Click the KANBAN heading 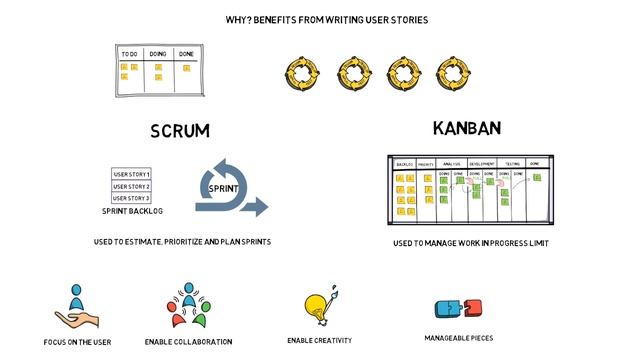coord(466,128)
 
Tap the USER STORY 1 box coord(131,175)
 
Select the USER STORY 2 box coord(131,187)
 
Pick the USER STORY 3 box coord(131,198)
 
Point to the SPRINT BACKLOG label coord(132,212)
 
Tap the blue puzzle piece coord(448,308)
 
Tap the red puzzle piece coord(471,308)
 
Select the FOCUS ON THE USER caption coord(77,342)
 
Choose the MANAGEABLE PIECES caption coord(459,338)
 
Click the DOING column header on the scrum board coord(158,53)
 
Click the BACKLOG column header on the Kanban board coord(404,163)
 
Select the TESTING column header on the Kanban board coord(511,163)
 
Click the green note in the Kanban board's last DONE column coord(537,178)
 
